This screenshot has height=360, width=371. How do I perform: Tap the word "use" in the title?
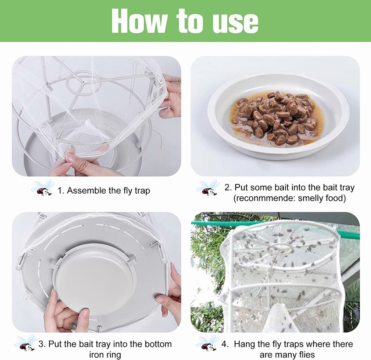[235, 21]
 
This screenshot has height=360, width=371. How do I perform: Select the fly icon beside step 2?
[207, 188]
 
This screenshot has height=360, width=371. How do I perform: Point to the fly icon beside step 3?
[26, 343]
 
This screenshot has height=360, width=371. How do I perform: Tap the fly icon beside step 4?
[207, 343]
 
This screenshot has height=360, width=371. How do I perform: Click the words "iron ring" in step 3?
[105, 355]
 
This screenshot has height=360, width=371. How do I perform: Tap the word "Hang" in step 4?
[244, 344]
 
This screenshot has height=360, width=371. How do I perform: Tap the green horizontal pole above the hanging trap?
[208, 223]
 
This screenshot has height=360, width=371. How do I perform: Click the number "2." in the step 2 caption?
[228, 188]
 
